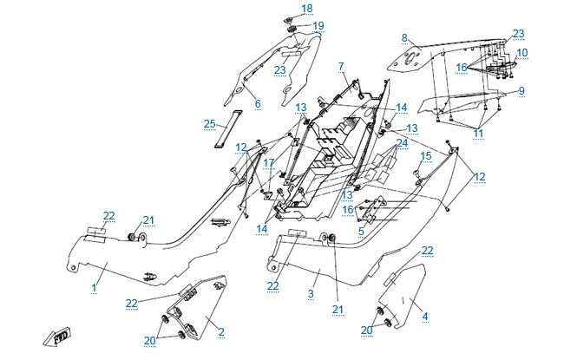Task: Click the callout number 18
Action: (307, 9)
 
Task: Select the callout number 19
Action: (318, 26)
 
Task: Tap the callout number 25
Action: (209, 124)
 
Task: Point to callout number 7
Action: (342, 66)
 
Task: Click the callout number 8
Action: (404, 38)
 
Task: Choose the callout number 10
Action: (522, 53)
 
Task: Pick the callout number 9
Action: (521, 90)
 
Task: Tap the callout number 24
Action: (403, 141)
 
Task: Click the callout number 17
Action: (269, 162)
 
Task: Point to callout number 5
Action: (360, 231)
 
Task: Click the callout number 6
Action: (257, 104)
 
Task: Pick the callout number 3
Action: (310, 295)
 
